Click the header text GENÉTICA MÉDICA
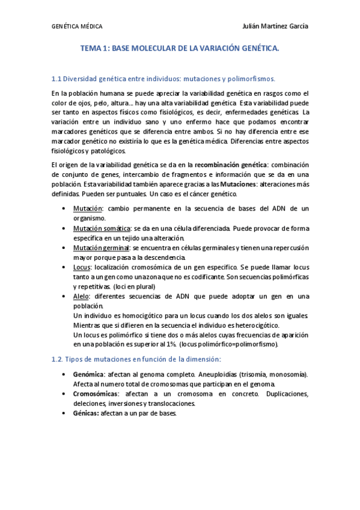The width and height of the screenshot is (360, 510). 77,27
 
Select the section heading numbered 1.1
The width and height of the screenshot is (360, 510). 163,78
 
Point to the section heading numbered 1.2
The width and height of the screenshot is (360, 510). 136,359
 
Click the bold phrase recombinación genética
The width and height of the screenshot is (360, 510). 231,165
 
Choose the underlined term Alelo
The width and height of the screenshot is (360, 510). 82,296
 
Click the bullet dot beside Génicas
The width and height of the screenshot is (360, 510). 65,414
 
